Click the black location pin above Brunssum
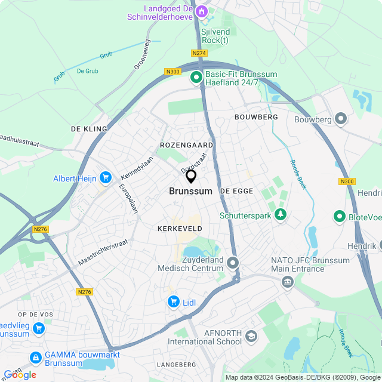point(191,176)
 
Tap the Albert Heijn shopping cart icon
point(106,177)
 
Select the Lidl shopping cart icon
point(174,302)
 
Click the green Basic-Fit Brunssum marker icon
point(196,77)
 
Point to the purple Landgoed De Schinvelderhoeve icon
point(202,11)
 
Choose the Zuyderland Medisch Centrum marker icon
point(232,263)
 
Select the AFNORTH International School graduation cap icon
point(251,338)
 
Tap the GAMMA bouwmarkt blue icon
point(36,358)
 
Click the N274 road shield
point(199,53)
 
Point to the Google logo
point(20,374)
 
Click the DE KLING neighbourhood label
point(89,129)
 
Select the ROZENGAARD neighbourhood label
point(186,145)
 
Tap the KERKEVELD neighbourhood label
point(180,229)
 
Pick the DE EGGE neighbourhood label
point(236,191)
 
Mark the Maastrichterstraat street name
point(103,253)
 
